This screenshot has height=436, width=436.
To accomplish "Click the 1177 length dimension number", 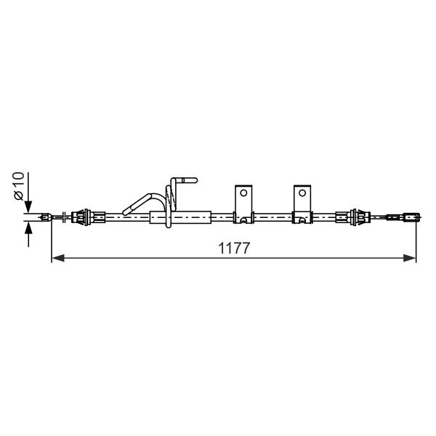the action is tap(234, 249).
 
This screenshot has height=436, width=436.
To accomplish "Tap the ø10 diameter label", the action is tap(19, 186).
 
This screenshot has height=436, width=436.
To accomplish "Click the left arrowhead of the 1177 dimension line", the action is tap(58, 258).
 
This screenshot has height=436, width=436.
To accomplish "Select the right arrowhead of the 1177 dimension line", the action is tap(409, 258).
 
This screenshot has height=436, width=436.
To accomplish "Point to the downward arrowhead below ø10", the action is tap(28, 207).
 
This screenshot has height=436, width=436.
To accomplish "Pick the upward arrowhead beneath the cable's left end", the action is tap(28, 228).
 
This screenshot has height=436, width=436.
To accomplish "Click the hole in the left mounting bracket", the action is tap(243, 193).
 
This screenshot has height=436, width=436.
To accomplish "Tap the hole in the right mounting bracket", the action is tap(302, 193).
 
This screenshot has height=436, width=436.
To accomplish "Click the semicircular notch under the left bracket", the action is tap(243, 220).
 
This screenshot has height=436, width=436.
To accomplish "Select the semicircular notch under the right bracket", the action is tap(302, 220).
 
